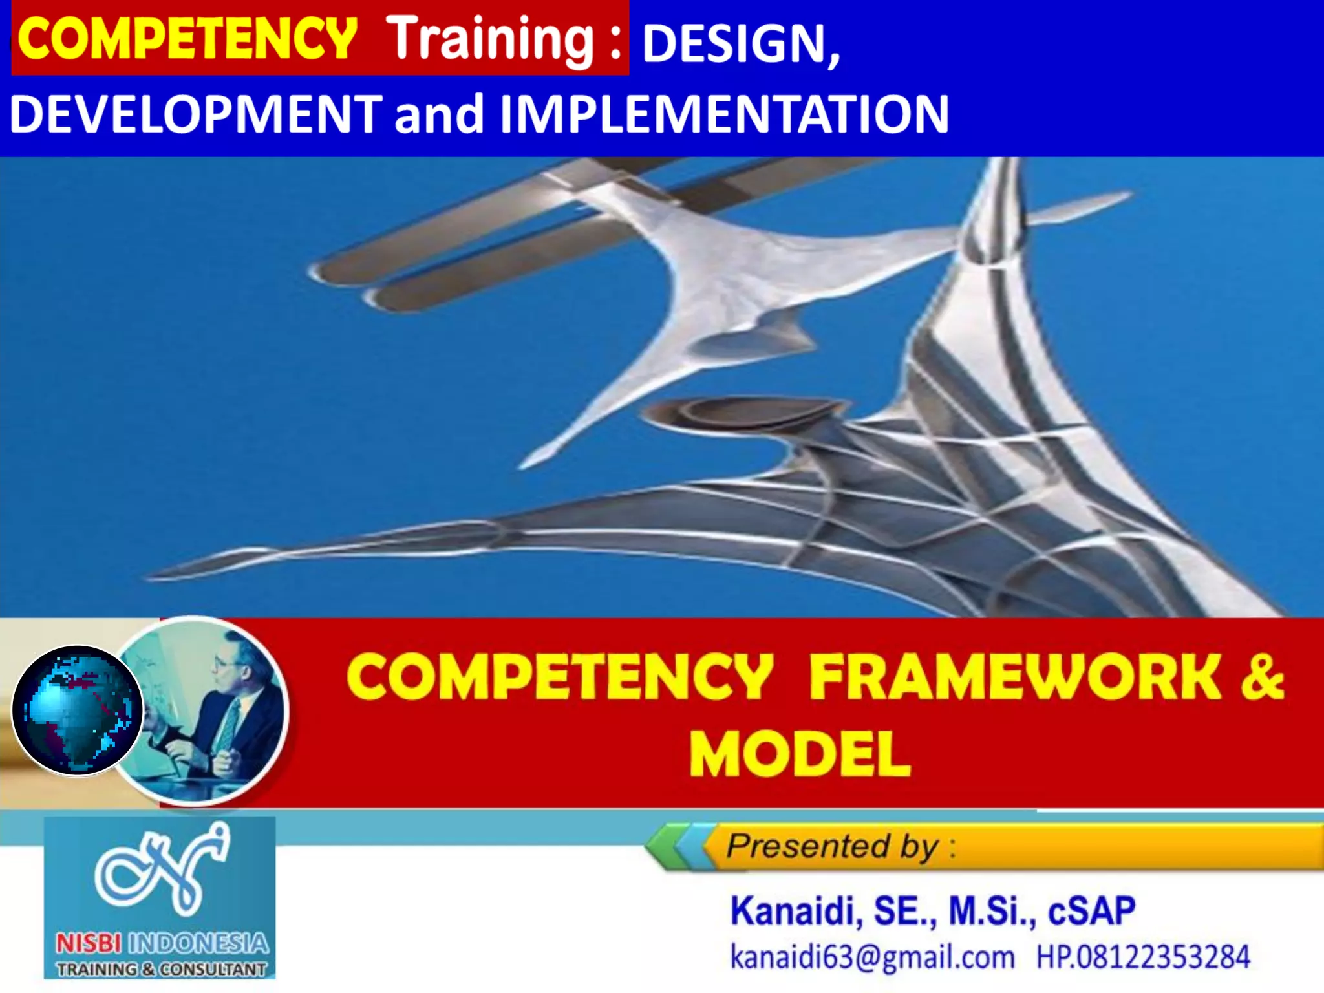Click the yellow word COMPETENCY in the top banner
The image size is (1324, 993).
click(187, 39)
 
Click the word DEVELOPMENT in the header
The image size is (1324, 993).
click(196, 114)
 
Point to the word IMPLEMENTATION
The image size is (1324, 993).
click(724, 114)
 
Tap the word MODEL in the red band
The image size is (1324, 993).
click(800, 754)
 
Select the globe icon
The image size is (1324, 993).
click(77, 710)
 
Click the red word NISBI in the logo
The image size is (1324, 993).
click(88, 944)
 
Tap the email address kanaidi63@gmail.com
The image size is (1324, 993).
click(872, 957)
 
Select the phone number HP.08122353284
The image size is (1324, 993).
click(1143, 957)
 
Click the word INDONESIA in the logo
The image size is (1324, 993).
click(198, 944)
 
